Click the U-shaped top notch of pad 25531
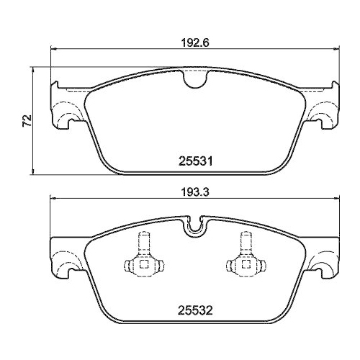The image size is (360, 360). (x=193, y=81)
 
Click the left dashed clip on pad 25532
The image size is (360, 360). (x=143, y=259)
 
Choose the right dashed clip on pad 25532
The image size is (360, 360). (x=243, y=259)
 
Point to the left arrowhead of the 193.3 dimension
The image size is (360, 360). (x=52, y=199)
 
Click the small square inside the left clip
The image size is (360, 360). (x=143, y=266)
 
